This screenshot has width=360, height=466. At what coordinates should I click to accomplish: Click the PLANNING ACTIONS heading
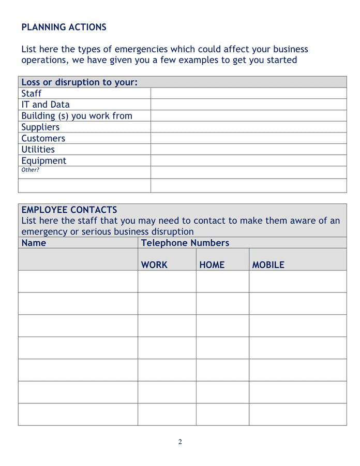point(64,27)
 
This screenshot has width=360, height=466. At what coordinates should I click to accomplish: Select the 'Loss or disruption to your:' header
point(80,82)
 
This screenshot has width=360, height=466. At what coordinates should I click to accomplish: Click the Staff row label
point(32,94)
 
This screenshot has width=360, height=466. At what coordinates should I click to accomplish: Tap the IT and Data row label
point(46,105)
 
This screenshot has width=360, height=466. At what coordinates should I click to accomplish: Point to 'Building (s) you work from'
point(77,116)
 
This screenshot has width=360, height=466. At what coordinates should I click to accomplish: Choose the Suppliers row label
point(40,127)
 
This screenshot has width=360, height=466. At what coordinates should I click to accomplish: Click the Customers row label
point(43,138)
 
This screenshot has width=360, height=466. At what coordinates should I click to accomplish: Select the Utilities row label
point(38,150)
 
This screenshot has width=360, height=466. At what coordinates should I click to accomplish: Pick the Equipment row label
point(44,161)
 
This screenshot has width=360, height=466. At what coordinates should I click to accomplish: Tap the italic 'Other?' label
point(30,170)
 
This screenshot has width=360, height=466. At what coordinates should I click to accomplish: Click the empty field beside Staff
point(248,93)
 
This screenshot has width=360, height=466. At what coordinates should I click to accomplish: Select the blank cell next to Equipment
point(248,161)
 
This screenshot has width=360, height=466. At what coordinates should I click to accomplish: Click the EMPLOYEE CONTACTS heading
point(69,210)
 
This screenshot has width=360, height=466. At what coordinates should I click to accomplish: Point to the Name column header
point(34,243)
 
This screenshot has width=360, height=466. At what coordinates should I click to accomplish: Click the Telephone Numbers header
point(185,243)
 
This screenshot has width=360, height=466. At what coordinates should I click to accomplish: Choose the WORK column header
point(154,265)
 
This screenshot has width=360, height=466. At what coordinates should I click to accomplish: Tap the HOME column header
point(212,265)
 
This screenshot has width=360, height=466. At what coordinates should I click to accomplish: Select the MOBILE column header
point(268,265)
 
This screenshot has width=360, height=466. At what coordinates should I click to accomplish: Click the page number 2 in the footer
point(180,442)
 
